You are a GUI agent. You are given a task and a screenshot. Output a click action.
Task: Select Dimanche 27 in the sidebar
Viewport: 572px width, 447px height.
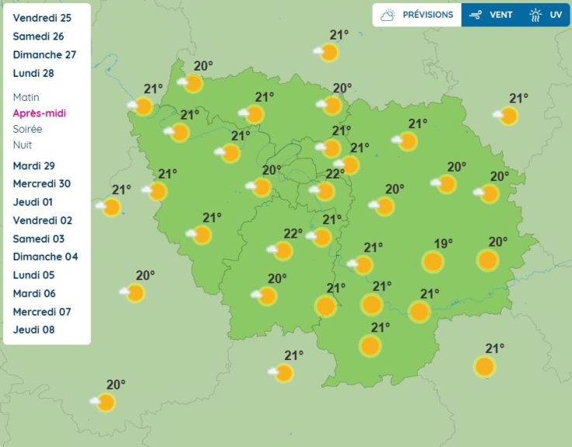[x=44, y=54]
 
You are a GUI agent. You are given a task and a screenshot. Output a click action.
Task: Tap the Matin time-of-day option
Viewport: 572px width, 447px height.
[x=26, y=98]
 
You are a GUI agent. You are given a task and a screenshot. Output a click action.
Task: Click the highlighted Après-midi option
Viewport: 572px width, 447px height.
[x=40, y=113]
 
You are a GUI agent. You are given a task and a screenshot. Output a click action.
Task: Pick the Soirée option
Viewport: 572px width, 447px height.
[x=28, y=129]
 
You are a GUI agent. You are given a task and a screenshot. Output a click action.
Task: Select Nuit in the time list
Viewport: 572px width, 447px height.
[x=23, y=145]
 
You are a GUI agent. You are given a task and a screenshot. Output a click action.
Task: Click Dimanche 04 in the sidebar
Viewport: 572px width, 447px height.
[x=45, y=257]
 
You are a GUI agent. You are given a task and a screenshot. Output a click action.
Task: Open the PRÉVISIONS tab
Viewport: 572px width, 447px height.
[x=418, y=15]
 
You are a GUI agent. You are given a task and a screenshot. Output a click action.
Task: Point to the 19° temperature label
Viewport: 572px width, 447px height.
[x=442, y=244]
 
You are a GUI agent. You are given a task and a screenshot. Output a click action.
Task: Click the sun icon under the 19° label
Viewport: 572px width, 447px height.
[x=432, y=262]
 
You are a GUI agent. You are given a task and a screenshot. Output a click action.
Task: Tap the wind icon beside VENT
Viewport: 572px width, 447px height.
[x=476, y=15]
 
